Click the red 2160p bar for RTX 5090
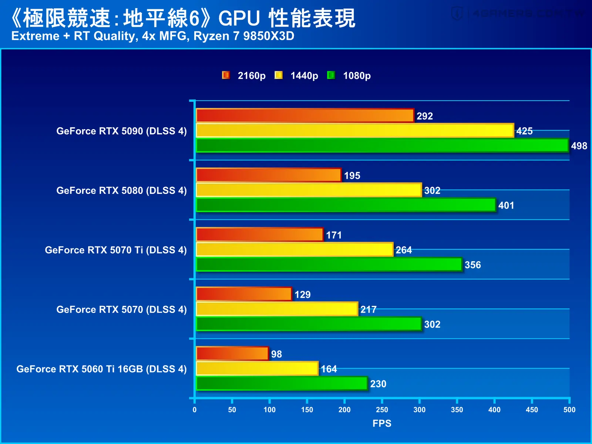click(305, 116)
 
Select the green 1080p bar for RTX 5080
click(346, 205)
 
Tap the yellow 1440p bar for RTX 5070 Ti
click(295, 249)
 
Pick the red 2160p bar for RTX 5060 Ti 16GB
click(232, 353)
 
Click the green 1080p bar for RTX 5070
click(309, 324)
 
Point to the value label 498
click(579, 146)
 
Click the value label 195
click(352, 175)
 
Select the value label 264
click(404, 250)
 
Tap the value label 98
click(276, 354)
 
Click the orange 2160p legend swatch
click(226, 75)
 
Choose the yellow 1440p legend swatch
click(278, 75)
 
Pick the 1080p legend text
click(357, 76)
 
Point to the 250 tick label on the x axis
click(382, 410)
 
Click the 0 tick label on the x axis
click(195, 410)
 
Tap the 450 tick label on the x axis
click(532, 410)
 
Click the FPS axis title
click(382, 423)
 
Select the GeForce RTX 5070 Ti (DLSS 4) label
click(116, 250)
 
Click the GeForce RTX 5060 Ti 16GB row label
click(101, 369)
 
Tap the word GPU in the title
click(239, 18)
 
